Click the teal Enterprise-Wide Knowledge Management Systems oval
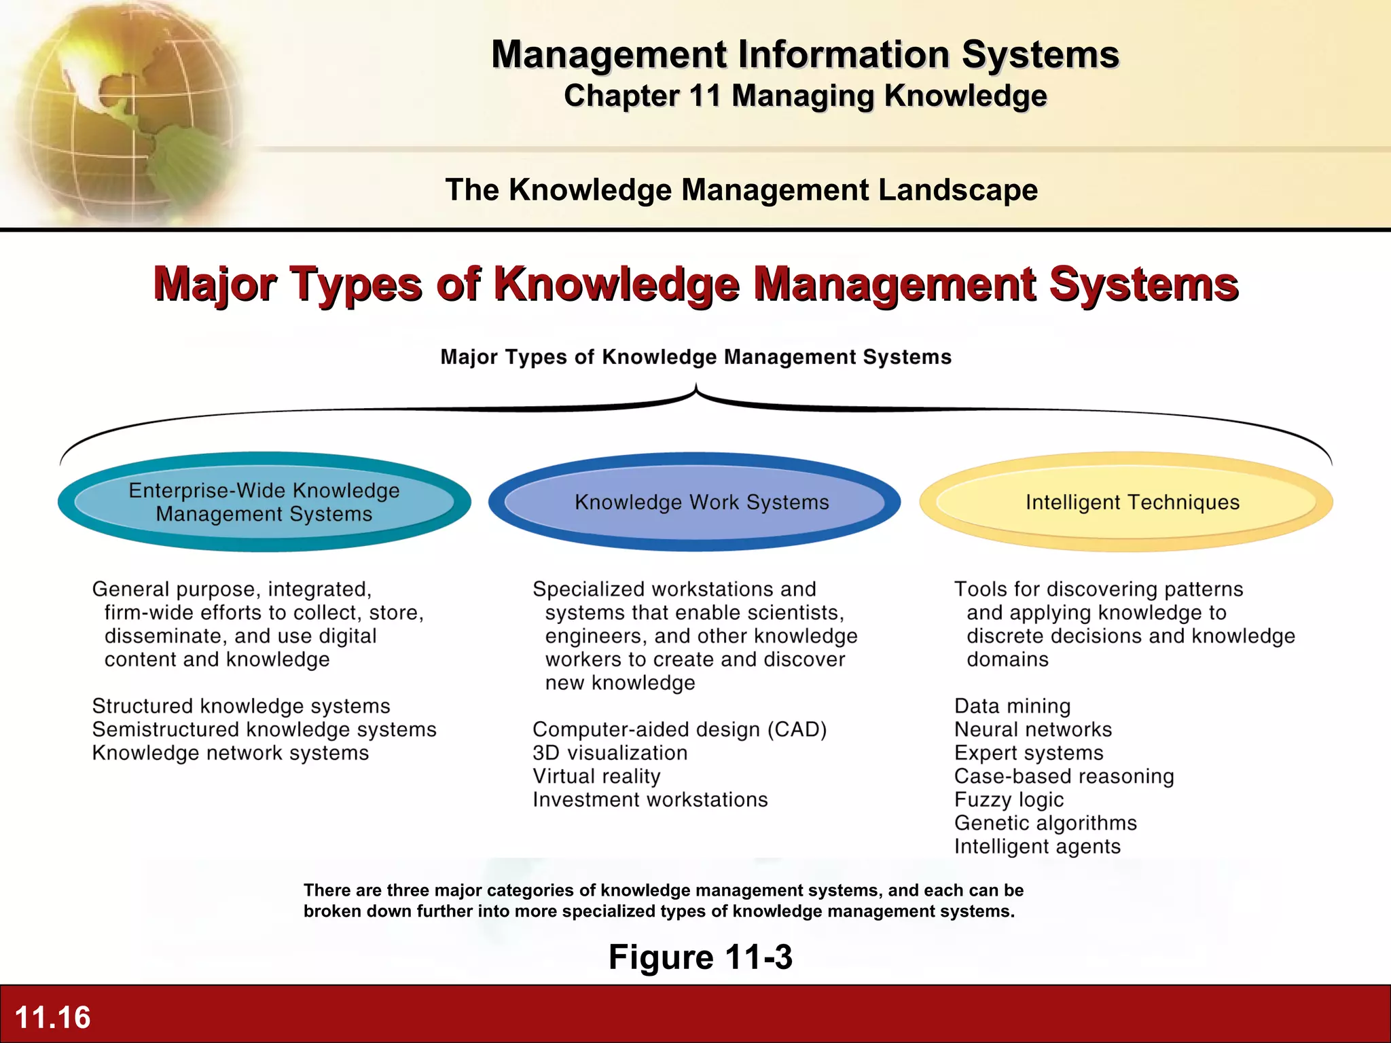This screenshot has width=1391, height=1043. click(x=264, y=502)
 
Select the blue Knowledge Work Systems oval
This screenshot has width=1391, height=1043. click(x=695, y=502)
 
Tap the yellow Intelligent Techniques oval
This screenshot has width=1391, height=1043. click(x=1126, y=502)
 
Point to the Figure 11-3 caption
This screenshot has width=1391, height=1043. click(x=700, y=957)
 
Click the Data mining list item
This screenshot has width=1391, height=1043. click(x=1012, y=706)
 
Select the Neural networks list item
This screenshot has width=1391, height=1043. click(x=1033, y=729)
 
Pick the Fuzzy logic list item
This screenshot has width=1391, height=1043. click(x=1009, y=800)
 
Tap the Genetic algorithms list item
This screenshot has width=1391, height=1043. click(x=1045, y=823)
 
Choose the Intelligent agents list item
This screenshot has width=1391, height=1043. click(x=1037, y=847)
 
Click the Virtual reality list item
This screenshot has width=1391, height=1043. click(x=596, y=776)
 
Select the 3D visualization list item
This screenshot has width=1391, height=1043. click(x=610, y=753)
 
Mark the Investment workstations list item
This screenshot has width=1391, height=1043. click(x=650, y=800)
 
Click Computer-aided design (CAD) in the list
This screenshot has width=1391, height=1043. click(x=679, y=729)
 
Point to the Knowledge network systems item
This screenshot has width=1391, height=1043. click(x=230, y=753)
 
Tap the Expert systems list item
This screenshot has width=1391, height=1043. click(x=1028, y=753)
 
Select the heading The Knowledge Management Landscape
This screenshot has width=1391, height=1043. click(x=741, y=190)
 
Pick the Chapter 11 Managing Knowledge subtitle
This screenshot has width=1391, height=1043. click(x=805, y=96)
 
